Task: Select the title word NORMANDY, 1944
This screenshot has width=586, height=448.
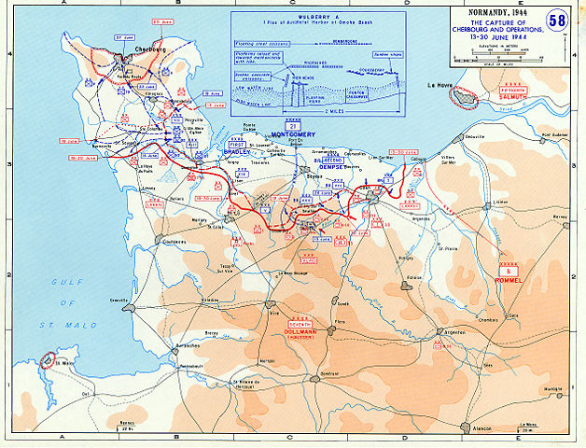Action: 486,10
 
